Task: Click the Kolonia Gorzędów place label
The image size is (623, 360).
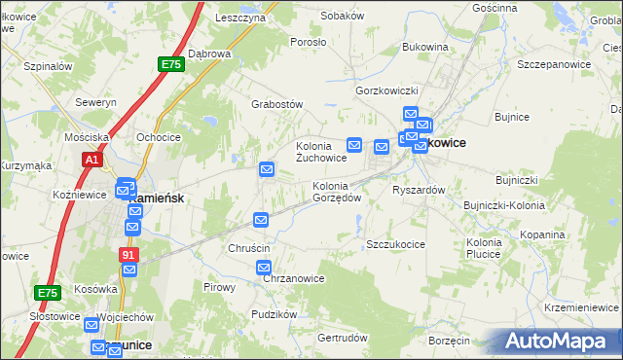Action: click(x=337, y=191)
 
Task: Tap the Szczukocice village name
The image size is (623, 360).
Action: click(x=395, y=244)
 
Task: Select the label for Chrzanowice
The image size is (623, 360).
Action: click(x=294, y=278)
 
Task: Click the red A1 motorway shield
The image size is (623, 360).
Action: click(x=92, y=159)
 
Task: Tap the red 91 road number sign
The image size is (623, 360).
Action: click(x=129, y=255)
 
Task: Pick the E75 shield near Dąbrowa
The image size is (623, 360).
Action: click(x=171, y=64)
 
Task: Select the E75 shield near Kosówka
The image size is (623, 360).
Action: click(x=47, y=292)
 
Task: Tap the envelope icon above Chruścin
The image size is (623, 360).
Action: click(x=261, y=220)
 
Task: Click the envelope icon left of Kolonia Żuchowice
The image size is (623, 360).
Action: click(x=267, y=170)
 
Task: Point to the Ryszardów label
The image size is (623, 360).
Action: click(x=419, y=190)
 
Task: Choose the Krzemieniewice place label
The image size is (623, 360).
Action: click(x=582, y=306)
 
